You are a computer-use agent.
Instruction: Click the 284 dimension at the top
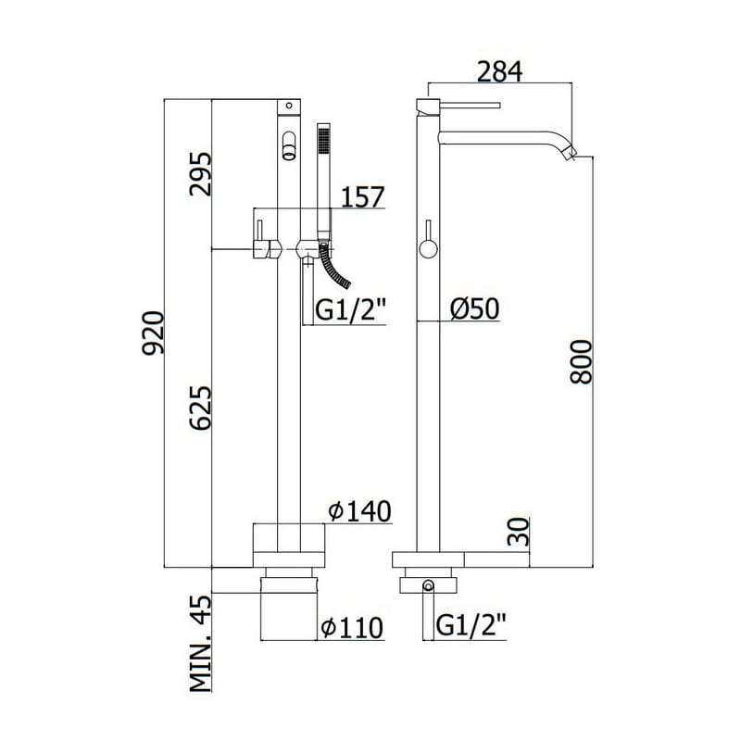coord(499,72)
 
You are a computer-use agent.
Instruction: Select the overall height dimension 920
coord(153,333)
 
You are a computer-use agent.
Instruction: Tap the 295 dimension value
coord(200,173)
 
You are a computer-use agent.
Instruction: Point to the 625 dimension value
coord(200,408)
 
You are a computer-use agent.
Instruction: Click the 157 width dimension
coord(363,196)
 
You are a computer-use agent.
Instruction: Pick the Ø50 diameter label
coord(474,309)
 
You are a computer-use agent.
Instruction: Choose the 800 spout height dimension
coord(581,361)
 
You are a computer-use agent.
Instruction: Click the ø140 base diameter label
coord(360,511)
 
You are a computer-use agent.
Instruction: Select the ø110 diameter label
coord(352,628)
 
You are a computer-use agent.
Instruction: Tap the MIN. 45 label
coord(200,643)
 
